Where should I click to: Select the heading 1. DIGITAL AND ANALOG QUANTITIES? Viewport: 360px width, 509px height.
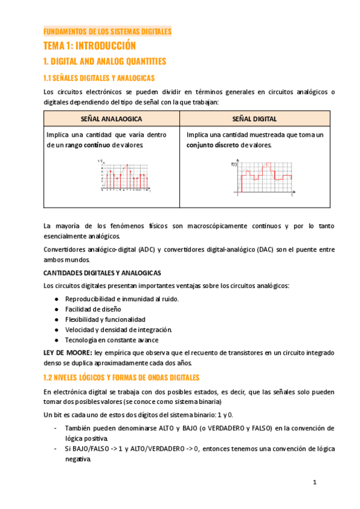(105, 61)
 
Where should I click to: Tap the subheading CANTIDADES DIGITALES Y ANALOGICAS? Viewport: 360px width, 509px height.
(102, 273)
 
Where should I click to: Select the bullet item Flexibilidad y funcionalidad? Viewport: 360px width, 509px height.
(106, 319)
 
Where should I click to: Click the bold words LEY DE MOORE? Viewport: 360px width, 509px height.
(68, 352)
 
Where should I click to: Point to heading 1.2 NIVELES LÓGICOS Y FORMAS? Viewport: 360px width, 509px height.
(122, 378)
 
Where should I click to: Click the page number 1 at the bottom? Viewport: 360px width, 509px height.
(314, 483)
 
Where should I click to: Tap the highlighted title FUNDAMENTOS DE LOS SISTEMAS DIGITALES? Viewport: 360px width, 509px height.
(107, 31)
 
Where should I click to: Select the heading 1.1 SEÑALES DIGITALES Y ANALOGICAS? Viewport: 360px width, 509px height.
(100, 78)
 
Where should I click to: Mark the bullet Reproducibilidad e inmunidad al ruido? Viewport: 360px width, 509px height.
(122, 299)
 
